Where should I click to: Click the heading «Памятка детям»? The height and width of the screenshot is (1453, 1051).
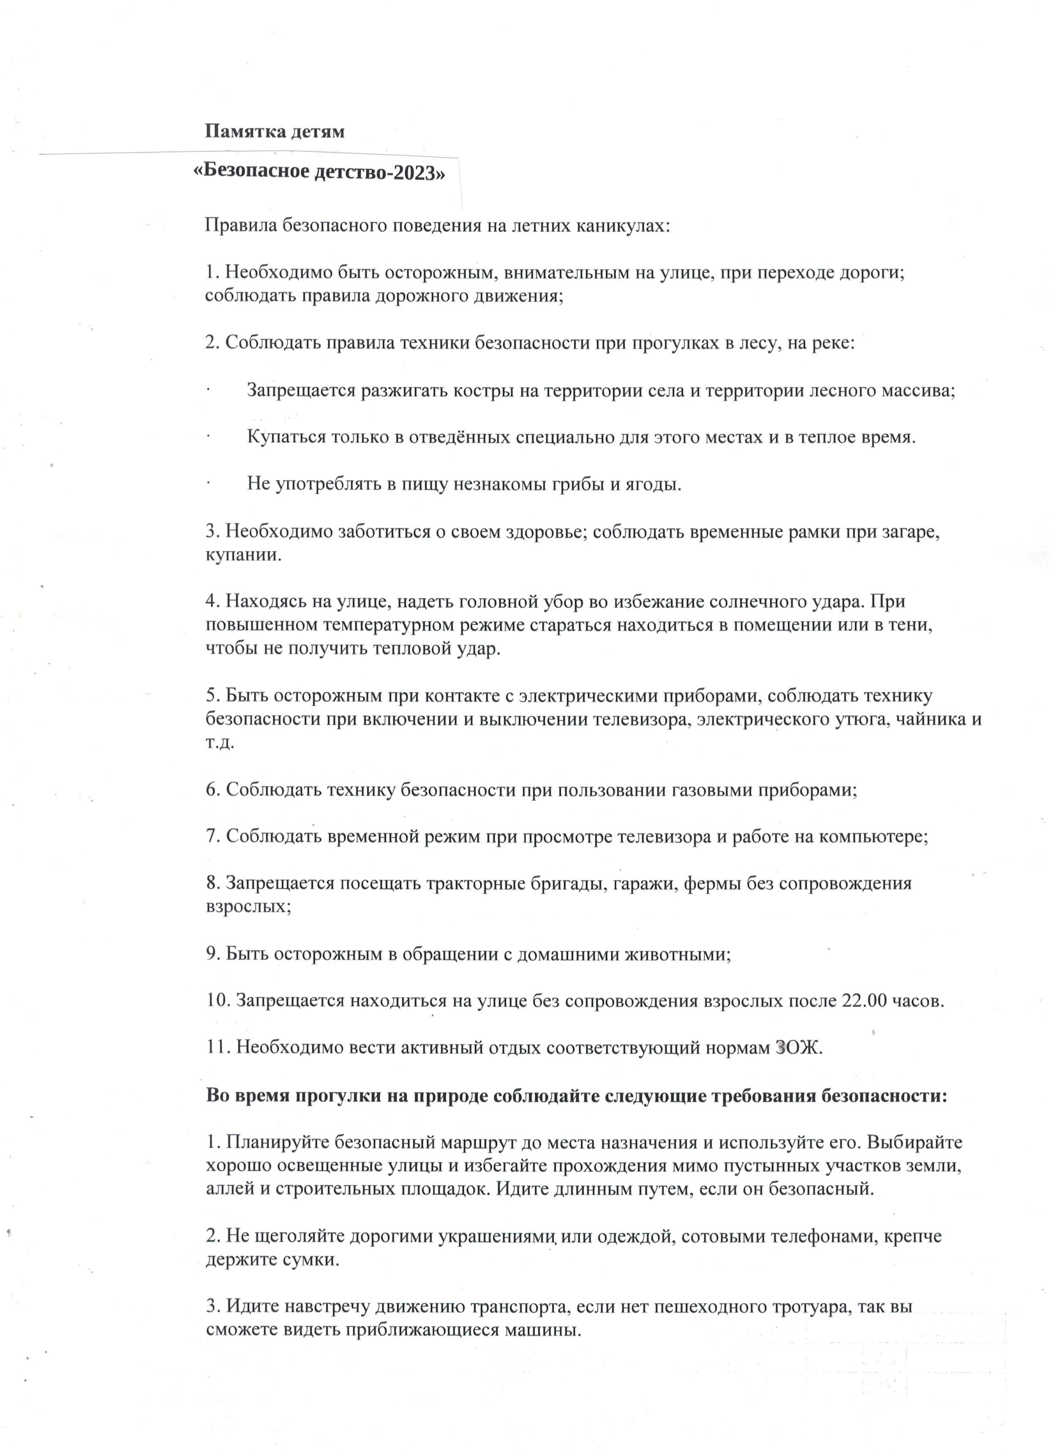pos(274,131)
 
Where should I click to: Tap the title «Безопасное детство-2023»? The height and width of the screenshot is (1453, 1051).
pos(319,173)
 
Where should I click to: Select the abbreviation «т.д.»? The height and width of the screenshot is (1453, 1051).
pos(220,743)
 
